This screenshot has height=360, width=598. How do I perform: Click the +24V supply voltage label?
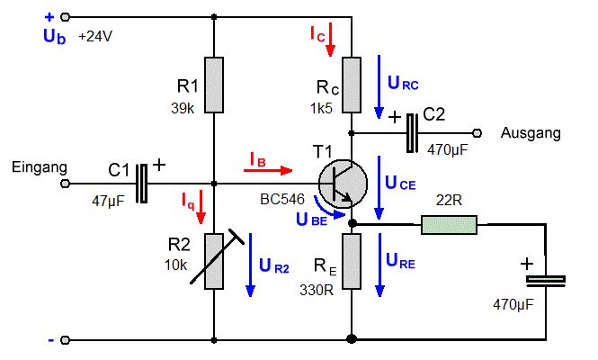(x=95, y=37)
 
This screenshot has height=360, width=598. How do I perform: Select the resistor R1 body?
(x=214, y=85)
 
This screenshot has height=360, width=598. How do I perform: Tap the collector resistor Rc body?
(x=352, y=85)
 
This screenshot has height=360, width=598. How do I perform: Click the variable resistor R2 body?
(x=214, y=262)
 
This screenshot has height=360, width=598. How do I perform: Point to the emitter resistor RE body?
(x=352, y=262)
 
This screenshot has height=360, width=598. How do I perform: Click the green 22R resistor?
(x=450, y=225)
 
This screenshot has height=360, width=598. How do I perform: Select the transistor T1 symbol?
(x=343, y=184)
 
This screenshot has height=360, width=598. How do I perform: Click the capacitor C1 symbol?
(x=142, y=184)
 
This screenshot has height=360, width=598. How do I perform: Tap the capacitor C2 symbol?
(x=412, y=133)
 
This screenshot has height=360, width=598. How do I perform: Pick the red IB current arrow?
(x=268, y=170)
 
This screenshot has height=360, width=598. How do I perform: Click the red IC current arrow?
(x=330, y=40)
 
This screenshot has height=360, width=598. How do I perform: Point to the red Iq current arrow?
(x=201, y=207)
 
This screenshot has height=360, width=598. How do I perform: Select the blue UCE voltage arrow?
(x=379, y=187)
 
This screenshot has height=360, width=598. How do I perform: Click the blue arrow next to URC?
(x=379, y=87)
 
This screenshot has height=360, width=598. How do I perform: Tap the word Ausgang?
(x=531, y=133)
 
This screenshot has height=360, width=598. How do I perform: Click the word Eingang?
(x=40, y=167)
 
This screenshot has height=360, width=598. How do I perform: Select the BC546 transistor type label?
(x=282, y=199)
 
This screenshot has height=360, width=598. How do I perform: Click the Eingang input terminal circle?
(x=66, y=184)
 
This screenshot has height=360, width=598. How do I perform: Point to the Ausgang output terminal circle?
(x=477, y=133)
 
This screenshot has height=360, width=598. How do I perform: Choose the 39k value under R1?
(x=183, y=108)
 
